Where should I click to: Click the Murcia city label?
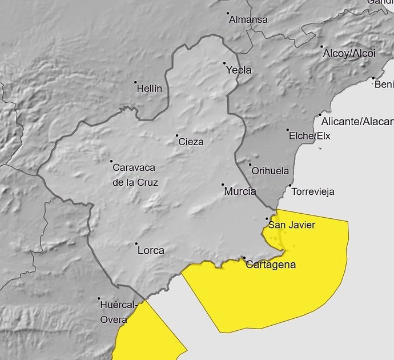[240, 191]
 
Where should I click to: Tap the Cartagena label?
[271, 265]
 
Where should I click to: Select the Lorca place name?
[151, 250]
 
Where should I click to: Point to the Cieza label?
[191, 142]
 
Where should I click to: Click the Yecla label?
[239, 70]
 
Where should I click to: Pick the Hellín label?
[150, 89]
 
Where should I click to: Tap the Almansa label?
[248, 19]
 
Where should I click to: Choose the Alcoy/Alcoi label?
[349, 53]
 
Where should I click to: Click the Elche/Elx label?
[310, 136]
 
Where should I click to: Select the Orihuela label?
[271, 171]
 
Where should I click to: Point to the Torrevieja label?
[313, 191]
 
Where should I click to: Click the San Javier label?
[292, 225]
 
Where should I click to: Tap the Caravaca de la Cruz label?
[135, 175]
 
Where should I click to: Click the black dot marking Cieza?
[177, 135]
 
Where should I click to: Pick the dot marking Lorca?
[136, 244]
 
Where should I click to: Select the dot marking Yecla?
[224, 63]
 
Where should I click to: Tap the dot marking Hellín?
[135, 82]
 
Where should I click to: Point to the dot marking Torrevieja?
[290, 185]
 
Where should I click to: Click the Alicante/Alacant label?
[357, 121]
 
